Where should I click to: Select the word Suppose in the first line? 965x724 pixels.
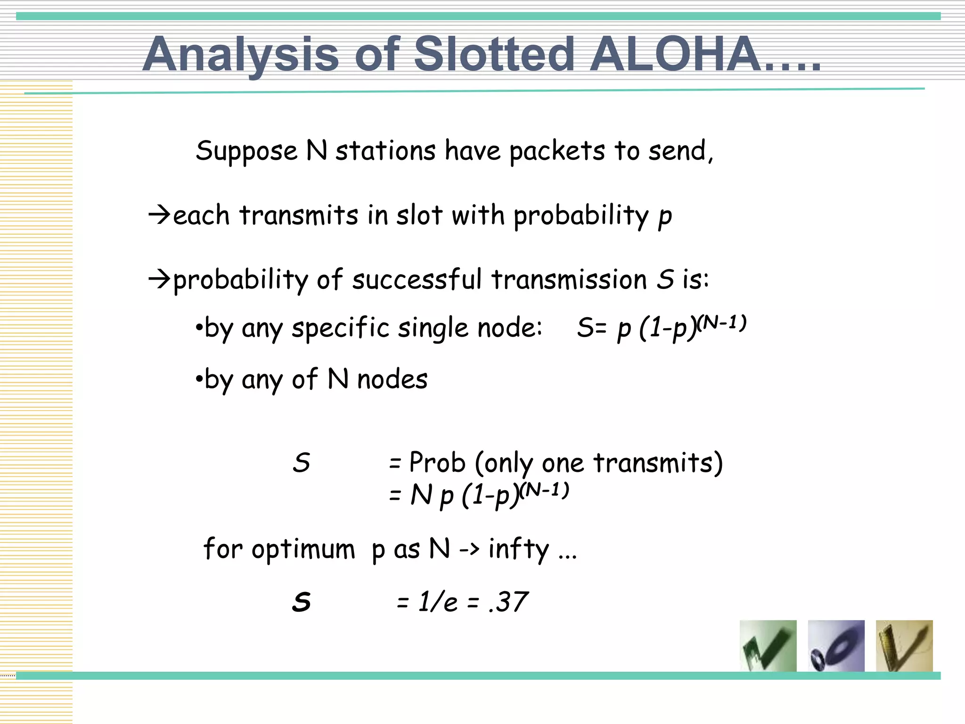pyautogui.click(x=246, y=152)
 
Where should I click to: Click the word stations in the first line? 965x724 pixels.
pyautogui.click(x=385, y=151)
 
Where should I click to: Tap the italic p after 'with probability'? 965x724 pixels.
pyautogui.click(x=664, y=217)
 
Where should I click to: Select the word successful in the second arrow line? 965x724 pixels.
pyautogui.click(x=417, y=279)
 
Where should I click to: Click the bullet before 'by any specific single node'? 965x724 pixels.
pyautogui.click(x=199, y=327)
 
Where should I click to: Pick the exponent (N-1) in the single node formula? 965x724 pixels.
pyautogui.click(x=721, y=323)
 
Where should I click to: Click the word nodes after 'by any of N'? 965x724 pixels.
pyautogui.click(x=392, y=379)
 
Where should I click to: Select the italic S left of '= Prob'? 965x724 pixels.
pyautogui.click(x=301, y=462)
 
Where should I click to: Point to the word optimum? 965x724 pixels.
pyautogui.click(x=303, y=550)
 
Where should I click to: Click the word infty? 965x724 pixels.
pyautogui.click(x=518, y=549)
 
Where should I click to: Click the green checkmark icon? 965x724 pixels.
pyautogui.click(x=768, y=646)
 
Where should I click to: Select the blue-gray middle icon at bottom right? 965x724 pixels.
pyautogui.click(x=836, y=646)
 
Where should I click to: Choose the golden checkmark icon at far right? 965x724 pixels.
pyautogui.click(x=904, y=646)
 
